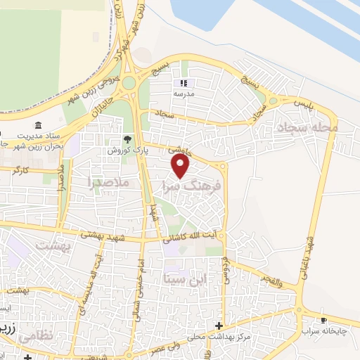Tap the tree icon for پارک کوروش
(x=127, y=140)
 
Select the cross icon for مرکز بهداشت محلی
(x=219, y=326)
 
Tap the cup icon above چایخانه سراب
(x=323, y=319)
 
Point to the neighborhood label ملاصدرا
(x=111, y=182)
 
